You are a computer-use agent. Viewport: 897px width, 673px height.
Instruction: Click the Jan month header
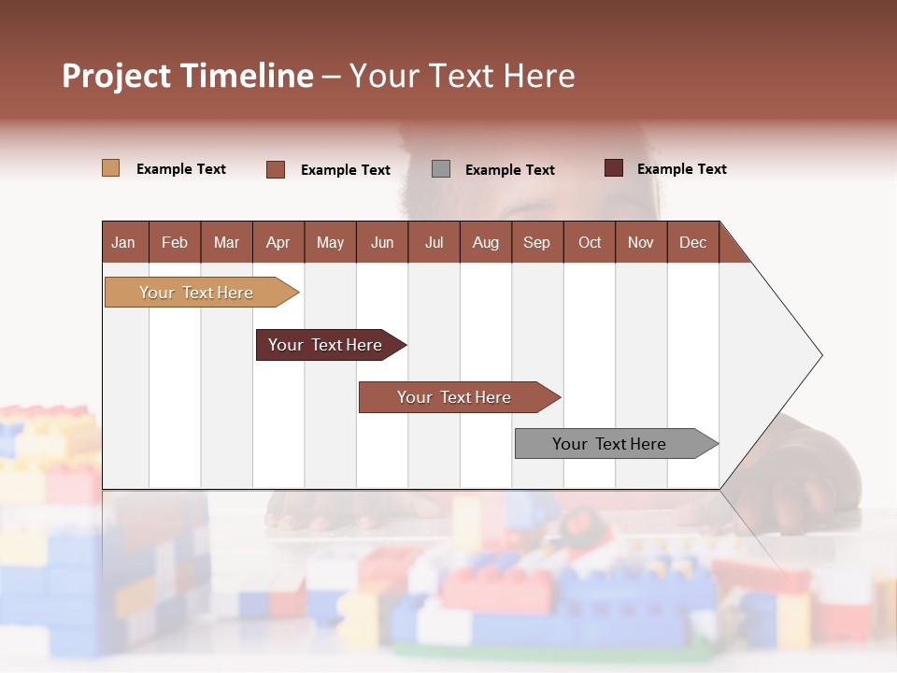click(x=123, y=242)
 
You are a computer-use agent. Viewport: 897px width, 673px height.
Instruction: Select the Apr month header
click(x=278, y=242)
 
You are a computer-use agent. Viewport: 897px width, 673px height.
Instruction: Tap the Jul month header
click(x=434, y=242)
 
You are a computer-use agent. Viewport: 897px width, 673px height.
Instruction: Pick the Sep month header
click(x=536, y=242)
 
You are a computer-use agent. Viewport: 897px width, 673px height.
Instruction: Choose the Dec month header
click(x=692, y=242)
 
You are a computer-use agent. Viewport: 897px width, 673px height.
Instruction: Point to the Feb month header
click(x=175, y=242)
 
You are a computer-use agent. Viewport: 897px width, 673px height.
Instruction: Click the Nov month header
click(x=640, y=242)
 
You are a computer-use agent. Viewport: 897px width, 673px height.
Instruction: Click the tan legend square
click(x=110, y=168)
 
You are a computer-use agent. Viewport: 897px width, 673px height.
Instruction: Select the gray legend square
click(x=440, y=169)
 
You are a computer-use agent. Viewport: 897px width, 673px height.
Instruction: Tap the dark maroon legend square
click(x=613, y=168)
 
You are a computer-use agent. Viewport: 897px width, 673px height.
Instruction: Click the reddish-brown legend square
click(x=275, y=169)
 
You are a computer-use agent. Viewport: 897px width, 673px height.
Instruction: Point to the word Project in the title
click(x=116, y=76)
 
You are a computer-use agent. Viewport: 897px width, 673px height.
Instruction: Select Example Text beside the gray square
click(x=509, y=170)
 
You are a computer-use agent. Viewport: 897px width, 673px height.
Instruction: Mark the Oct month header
click(x=590, y=242)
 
